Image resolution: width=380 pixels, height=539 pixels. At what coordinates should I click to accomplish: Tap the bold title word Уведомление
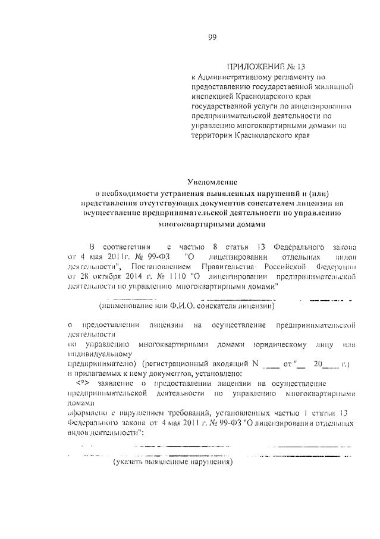[x=212, y=182]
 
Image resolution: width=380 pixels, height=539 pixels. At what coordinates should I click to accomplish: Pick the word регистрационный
[x=180, y=363]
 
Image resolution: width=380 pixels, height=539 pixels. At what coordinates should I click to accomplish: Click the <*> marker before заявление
[x=87, y=383]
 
